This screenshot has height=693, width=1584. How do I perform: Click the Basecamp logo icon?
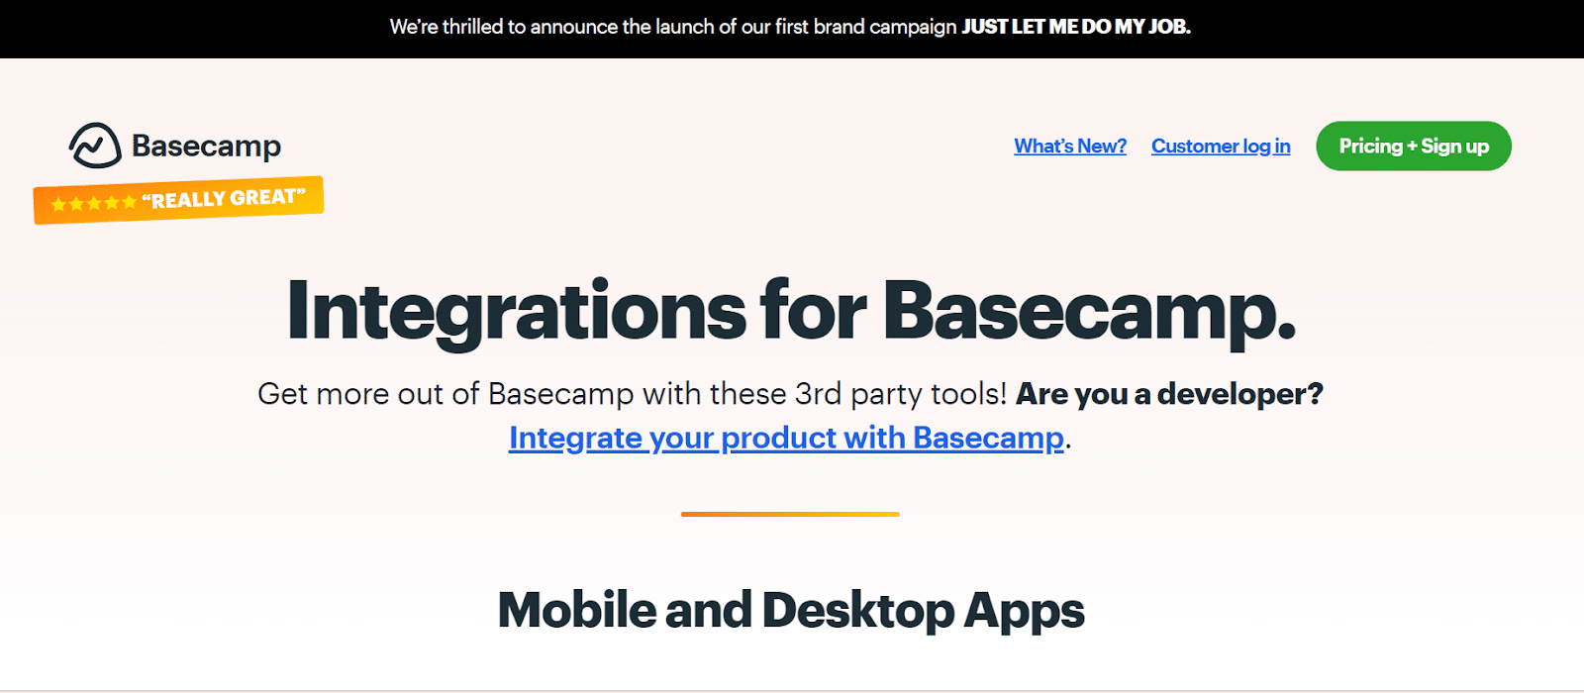[95, 146]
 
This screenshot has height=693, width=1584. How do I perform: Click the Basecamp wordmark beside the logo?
[206, 147]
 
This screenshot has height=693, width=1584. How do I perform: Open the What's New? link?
[1070, 147]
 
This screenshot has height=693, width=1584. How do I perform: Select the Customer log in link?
[1221, 147]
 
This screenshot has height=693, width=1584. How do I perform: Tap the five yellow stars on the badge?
[94, 203]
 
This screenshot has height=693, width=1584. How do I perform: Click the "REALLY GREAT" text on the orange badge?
[224, 198]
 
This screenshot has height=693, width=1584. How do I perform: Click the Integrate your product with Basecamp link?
[786, 438]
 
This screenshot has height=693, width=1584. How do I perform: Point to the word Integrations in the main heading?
[516, 312]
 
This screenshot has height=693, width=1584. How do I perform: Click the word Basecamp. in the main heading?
[1089, 312]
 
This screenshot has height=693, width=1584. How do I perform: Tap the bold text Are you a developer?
[1169, 394]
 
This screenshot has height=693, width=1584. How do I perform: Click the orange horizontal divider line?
[790, 515]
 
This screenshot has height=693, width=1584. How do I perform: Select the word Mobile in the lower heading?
[576, 610]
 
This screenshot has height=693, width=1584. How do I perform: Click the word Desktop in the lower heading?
[858, 610]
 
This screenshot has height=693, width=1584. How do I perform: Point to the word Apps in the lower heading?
[1025, 610]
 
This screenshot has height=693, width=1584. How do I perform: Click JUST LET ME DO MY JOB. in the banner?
[1076, 28]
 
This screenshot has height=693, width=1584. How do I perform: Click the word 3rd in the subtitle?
[818, 394]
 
